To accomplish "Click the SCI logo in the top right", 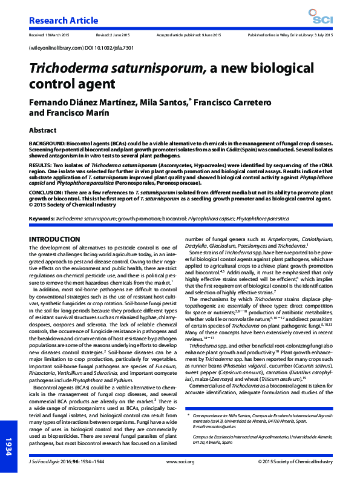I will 318,17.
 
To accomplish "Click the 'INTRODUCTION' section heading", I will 54,240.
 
